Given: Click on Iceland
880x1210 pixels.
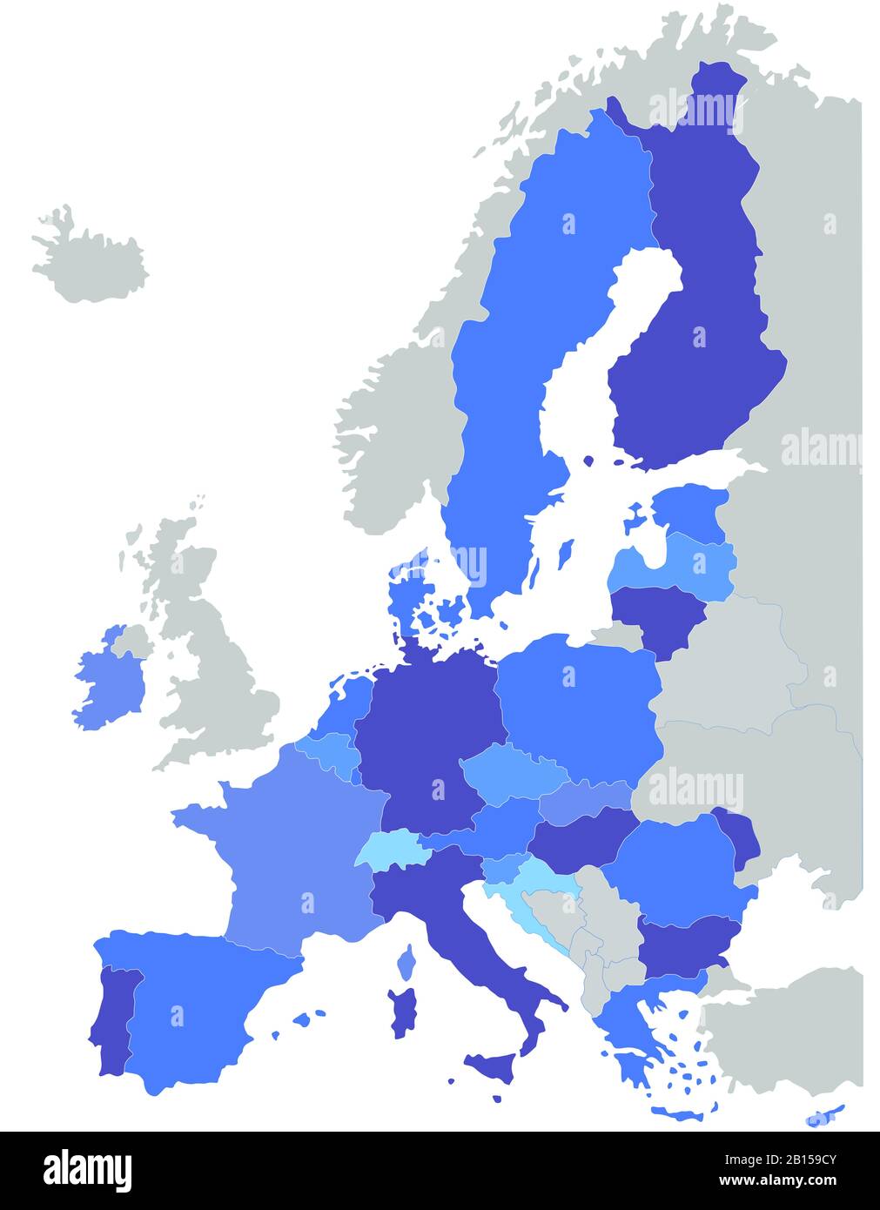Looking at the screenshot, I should click(91, 261).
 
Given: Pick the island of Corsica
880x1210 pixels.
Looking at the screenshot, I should click(406, 963).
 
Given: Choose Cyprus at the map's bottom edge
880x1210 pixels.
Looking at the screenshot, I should click(823, 1115).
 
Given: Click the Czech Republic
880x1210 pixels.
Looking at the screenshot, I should click(514, 770).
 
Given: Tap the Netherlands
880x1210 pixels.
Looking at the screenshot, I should click(348, 705).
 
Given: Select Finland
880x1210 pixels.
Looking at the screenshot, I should click(696, 339).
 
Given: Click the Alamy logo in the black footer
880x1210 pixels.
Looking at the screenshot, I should click(87, 1171).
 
